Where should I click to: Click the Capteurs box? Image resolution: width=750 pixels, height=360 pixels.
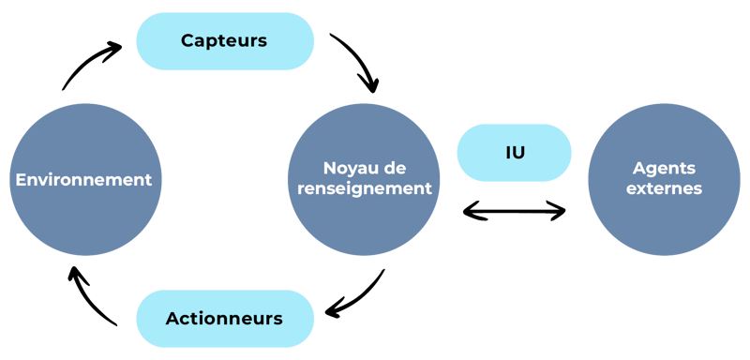coord(225,41)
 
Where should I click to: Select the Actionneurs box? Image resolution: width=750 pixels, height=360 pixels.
coord(225,319)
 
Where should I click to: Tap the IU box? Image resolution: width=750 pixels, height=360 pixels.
coord(515,152)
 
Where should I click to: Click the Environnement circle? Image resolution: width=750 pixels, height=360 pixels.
coord(83,179)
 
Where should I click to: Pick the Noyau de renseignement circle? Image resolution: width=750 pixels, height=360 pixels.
coord(364,179)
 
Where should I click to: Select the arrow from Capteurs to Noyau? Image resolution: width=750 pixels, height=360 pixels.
coord(358,64)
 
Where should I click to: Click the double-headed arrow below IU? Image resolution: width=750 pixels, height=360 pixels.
coord(515,212)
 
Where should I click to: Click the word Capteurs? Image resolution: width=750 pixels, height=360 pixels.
coord(225,41)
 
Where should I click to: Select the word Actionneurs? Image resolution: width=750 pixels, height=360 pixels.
coord(225,319)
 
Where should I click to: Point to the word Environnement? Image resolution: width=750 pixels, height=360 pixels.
coord(83,179)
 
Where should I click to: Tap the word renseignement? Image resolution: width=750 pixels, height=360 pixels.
coord(364,188)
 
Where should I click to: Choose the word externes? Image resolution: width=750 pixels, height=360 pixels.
coord(667,188)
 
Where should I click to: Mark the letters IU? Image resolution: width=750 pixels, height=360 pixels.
coord(515,152)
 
